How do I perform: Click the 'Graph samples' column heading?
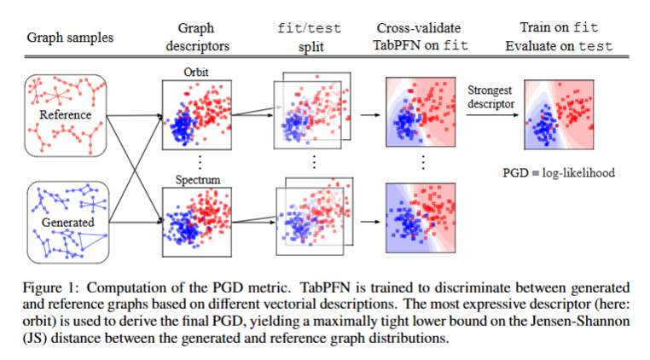70,38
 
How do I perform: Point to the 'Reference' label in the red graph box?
66,114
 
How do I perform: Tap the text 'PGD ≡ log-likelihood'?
558,173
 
